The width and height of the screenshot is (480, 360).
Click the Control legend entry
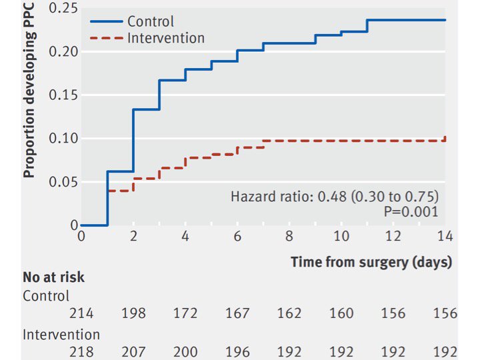pos(150,22)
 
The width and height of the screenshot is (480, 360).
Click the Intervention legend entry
pos(165,38)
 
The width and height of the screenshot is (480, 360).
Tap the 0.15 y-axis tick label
pos(64,95)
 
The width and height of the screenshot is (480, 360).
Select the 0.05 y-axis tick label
pos(64,183)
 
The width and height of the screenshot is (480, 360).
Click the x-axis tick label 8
pos(289,237)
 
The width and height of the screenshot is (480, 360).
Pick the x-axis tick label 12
pos(393,237)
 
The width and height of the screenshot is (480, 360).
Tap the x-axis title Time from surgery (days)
pos(371,262)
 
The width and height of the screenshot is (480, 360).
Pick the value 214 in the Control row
pos(81,314)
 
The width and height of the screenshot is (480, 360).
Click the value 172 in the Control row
pos(185,314)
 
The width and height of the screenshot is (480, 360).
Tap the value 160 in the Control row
pos(341,314)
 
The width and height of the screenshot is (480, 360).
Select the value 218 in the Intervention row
pos(81,352)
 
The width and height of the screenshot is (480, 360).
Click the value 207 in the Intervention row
pos(134,352)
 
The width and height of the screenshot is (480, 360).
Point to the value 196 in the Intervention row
pos(237,352)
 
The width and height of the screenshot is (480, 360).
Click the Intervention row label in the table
pos(61,334)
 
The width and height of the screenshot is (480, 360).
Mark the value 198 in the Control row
pos(134,314)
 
